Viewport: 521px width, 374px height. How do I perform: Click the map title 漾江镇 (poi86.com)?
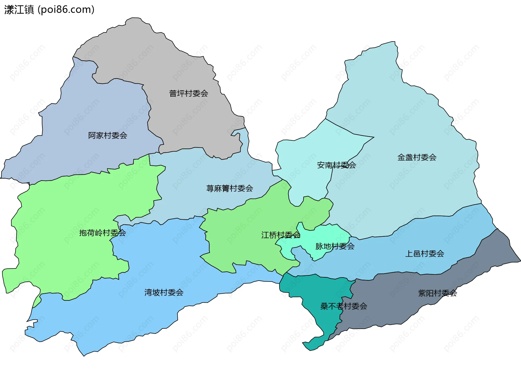coord(49,9)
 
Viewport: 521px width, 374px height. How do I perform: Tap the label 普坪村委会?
coord(188,94)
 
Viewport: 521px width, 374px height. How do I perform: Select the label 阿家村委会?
coord(107,135)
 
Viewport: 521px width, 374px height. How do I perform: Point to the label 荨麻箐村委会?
coord(229,188)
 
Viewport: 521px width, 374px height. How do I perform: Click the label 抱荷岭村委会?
coord(102,233)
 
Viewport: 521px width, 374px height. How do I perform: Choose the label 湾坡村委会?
coord(164,292)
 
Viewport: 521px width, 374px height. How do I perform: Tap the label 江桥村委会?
coord(281,235)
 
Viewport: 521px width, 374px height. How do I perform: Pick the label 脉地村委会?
coord(335,246)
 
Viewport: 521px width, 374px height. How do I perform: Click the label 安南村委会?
coord(336,165)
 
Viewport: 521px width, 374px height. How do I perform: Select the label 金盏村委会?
coord(417,157)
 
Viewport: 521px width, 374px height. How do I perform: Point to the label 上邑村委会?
coord(424,254)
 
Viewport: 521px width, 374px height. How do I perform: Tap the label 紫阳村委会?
coord(437,293)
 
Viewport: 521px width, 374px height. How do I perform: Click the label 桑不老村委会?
coord(344,306)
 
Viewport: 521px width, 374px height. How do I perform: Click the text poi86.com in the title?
coord(66,9)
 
